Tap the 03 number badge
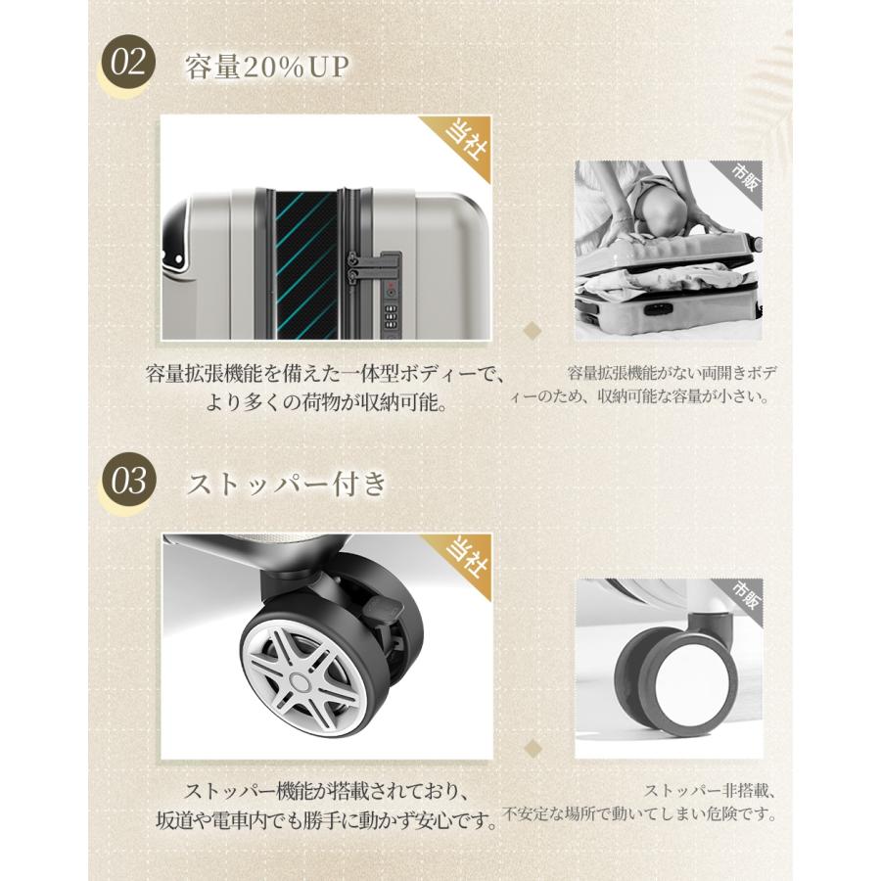click(x=129, y=483)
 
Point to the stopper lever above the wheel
click(x=382, y=607)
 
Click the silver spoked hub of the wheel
click(x=299, y=677)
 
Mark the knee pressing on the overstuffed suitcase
click(x=655, y=206)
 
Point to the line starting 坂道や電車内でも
click(x=326, y=819)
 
